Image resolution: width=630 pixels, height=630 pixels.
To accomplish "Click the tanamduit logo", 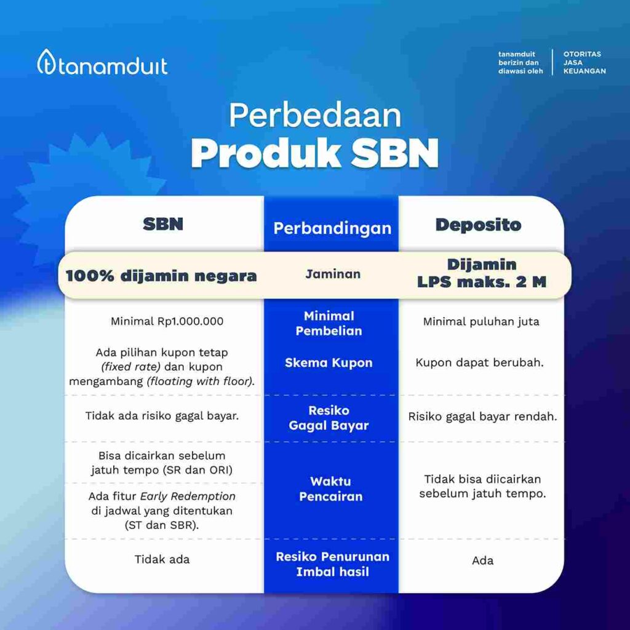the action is click(103, 63).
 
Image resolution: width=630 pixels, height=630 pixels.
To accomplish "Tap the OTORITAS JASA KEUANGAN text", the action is click(584, 63).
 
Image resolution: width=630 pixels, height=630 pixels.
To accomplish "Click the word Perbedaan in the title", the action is click(315, 116).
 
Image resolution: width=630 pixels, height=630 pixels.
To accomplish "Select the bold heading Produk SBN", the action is click(315, 153).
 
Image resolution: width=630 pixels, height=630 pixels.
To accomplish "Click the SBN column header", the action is click(163, 224).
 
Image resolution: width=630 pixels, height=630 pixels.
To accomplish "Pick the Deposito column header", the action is click(478, 225).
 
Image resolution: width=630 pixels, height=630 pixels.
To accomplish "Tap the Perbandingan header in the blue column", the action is click(332, 228).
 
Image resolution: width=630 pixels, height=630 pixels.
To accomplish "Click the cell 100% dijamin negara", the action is click(161, 276).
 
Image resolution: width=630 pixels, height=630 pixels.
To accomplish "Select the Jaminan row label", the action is click(333, 274).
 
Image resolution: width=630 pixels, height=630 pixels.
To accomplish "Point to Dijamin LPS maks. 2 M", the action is click(482, 273).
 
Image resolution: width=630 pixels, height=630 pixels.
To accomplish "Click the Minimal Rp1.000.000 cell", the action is click(167, 321).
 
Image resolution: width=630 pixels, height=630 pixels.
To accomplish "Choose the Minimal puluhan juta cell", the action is click(481, 321).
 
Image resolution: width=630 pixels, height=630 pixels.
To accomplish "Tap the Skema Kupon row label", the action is click(329, 363).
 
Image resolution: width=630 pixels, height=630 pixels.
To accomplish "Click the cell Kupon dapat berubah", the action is click(479, 362).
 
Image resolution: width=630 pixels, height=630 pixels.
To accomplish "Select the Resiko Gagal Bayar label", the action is click(329, 418).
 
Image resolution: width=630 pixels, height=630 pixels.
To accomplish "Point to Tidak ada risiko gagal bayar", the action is click(162, 415).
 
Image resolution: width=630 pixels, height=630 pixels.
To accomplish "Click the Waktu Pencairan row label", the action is click(330, 488).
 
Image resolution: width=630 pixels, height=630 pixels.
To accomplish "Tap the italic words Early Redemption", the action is click(188, 496).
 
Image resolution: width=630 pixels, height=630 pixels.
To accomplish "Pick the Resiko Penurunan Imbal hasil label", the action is click(332, 564).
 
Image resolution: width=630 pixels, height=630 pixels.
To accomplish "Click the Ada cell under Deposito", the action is click(482, 560).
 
